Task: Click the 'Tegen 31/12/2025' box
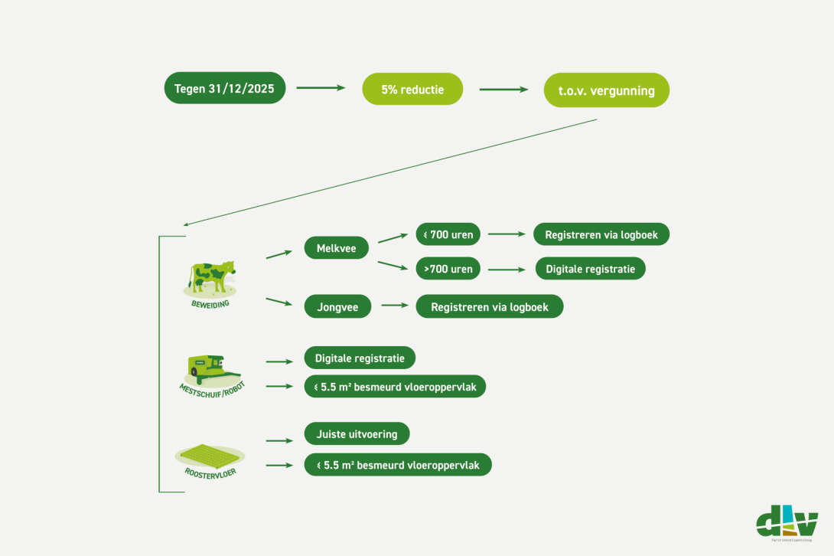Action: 224,88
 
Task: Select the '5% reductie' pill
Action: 412,89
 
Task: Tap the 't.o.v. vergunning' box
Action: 606,90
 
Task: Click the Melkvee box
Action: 336,247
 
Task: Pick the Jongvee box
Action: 337,306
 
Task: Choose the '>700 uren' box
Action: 448,268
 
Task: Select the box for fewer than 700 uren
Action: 448,234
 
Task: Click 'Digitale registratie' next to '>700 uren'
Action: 591,268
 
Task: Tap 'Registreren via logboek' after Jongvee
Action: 490,306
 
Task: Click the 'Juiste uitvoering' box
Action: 357,433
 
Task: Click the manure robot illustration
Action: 211,371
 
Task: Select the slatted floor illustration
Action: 210,456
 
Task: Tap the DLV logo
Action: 787,523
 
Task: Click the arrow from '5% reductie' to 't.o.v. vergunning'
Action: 503,90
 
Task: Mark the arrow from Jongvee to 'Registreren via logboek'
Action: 395,305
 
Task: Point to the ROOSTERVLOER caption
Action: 210,473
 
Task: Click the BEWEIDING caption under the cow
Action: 210,304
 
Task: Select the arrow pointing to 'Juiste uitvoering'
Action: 279,440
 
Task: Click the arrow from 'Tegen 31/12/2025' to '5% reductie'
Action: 321,87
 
